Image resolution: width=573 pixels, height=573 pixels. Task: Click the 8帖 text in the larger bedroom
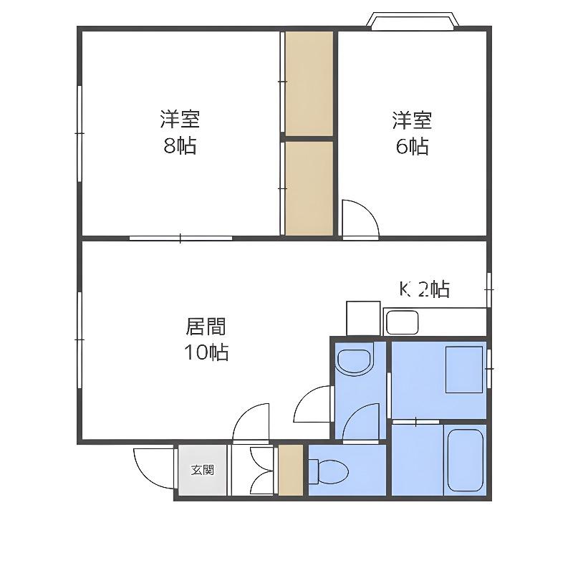180,146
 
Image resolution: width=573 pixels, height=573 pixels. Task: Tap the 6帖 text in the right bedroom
413,146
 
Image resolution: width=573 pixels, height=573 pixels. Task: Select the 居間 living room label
206,327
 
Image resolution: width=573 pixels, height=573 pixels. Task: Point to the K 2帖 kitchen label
424,289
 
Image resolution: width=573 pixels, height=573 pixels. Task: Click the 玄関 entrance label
203,470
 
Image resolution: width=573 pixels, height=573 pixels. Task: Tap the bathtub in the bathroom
465,460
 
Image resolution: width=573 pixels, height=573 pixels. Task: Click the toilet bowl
329,471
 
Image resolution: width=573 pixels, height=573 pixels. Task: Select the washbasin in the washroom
355,362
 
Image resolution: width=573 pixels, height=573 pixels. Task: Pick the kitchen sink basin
402,322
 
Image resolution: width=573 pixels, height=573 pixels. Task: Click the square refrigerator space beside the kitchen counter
363,318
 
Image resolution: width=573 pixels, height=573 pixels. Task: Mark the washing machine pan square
464,370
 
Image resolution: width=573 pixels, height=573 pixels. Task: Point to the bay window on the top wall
413,21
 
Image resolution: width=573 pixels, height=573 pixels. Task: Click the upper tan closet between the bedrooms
309,83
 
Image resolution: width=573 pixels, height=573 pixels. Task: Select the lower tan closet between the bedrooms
309,188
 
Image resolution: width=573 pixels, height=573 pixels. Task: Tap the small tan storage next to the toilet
291,470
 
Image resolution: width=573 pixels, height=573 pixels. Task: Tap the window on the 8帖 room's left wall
80,133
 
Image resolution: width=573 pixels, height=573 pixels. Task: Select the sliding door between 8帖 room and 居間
180,239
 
